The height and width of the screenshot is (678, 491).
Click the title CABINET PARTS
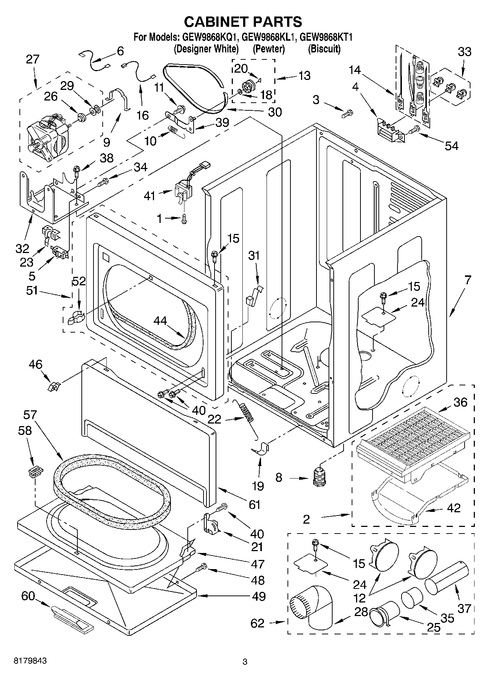243,22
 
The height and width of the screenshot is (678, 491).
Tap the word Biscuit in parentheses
324,48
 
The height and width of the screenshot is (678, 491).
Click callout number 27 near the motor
32,59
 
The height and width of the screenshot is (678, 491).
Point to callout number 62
257,623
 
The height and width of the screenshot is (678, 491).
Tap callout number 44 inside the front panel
160,320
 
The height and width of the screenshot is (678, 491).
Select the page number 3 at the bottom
245,662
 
